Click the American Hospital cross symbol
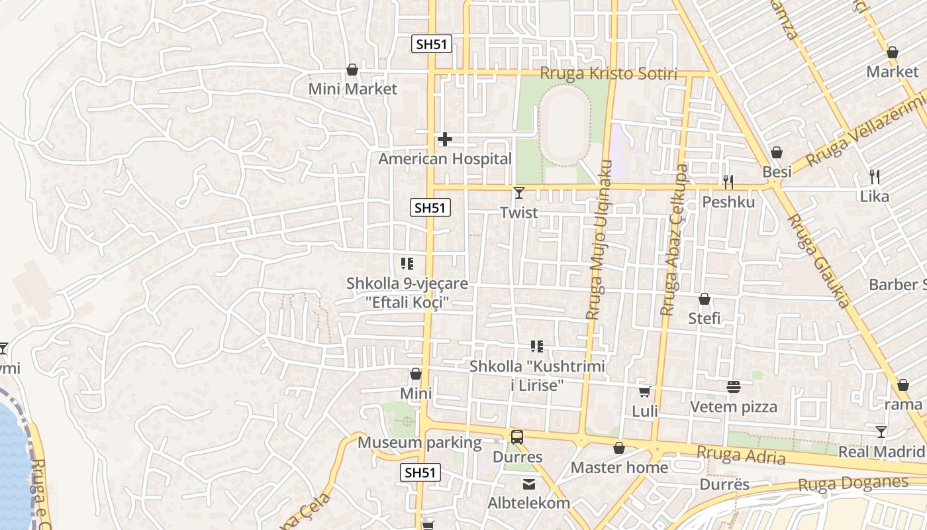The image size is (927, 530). tap(445, 139)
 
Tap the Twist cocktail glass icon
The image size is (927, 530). tap(518, 193)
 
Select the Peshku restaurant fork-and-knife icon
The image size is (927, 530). tap(728, 182)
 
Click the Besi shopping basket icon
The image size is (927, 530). tap(777, 153)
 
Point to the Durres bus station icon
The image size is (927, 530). tap(516, 437)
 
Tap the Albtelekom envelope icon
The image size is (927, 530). tap(529, 484)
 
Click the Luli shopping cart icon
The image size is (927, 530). tap(644, 392)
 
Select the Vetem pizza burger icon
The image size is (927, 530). tap(733, 386)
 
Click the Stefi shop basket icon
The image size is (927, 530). tap(705, 299)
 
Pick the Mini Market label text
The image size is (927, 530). tap(353, 89)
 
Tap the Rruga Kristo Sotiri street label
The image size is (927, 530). tap(609, 74)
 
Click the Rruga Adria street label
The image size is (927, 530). tap(741, 455)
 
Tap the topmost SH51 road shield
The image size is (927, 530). tap(432, 44)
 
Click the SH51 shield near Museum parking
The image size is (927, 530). tap(420, 472)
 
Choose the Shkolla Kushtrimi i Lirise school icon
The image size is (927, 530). tap(537, 346)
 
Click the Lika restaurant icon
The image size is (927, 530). tap(874, 177)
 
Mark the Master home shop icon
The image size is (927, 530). tap(619, 449)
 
